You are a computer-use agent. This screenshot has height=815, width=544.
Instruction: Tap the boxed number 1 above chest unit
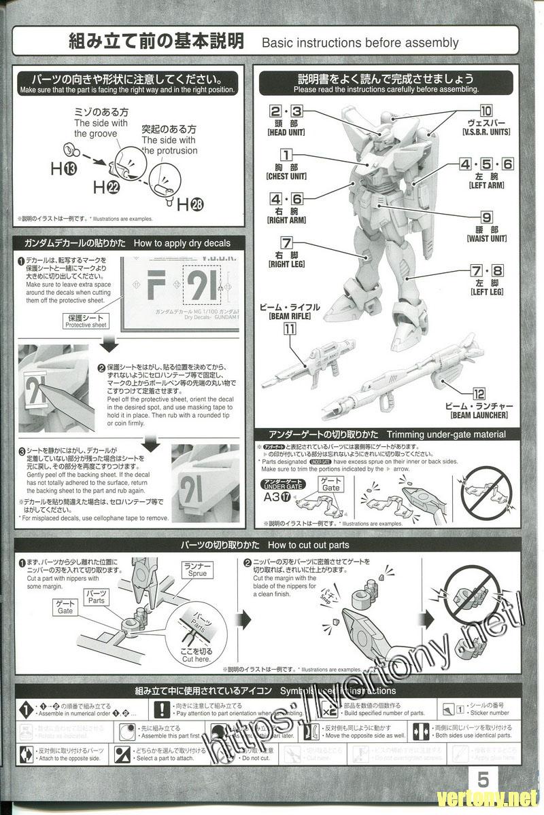point(286,156)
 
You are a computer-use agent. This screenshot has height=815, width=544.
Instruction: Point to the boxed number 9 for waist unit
point(487,218)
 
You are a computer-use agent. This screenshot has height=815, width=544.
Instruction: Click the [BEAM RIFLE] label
point(290,316)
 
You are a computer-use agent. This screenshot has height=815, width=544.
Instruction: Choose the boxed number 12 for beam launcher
point(479,394)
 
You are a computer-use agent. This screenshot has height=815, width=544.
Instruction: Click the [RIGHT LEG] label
point(286,264)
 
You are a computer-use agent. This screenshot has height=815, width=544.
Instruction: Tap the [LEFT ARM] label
point(486,185)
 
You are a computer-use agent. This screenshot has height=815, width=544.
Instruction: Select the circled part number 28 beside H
point(197,204)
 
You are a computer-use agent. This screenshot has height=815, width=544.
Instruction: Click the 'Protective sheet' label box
point(86,321)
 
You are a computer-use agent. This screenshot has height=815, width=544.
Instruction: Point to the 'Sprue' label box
point(197,569)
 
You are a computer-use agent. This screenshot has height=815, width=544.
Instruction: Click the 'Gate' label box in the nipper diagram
point(65,606)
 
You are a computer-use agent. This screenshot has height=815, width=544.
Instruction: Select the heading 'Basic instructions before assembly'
point(360,43)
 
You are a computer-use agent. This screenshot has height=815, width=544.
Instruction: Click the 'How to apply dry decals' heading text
point(182,243)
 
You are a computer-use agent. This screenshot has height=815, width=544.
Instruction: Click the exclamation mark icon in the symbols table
point(161,710)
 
